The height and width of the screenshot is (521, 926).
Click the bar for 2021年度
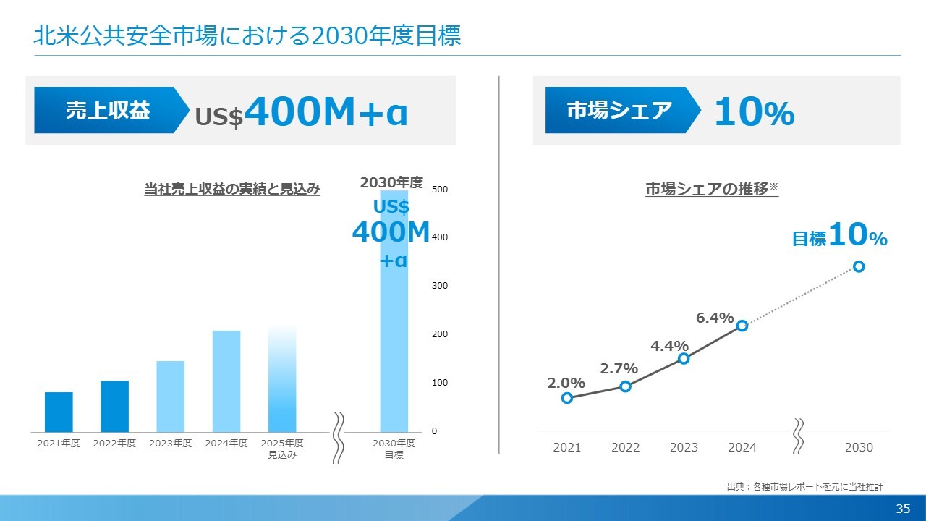pos(59,412)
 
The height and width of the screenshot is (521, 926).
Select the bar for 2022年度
pos(114,406)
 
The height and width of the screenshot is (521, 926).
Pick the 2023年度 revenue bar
pos(170,396)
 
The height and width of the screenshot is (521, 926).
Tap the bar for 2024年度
pos(226,381)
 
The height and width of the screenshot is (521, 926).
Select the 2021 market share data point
pos(567,398)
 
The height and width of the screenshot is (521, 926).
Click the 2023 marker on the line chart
pos(684,358)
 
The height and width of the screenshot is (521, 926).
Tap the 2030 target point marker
pos(859,266)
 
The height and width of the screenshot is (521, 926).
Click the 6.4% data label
pos(715,318)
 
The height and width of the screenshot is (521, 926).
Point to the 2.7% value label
pos(619,369)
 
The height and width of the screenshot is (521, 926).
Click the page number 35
pos(902,509)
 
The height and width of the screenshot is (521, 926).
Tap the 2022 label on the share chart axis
pos(625,447)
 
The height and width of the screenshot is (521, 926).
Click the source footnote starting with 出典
pos(804,487)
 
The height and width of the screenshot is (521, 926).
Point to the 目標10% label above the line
pos(839,236)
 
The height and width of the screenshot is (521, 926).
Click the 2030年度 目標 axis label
pos(394,449)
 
